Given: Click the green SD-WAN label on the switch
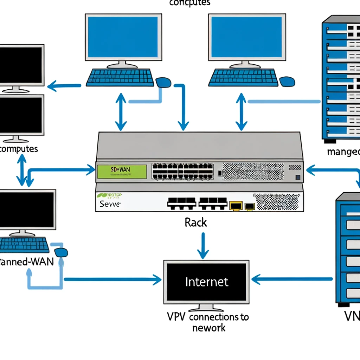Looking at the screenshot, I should tap(121, 171).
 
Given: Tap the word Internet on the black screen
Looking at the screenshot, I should tap(206, 282).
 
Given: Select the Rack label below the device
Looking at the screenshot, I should tap(196, 223).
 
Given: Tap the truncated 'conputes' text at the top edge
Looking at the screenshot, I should tap(189, 3).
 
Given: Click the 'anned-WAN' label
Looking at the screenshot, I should tap(26, 262).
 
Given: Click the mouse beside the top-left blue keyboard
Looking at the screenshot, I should tap(163, 82).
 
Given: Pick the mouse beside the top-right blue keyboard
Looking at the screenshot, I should tap(288, 82).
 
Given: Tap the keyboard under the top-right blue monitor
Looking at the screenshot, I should tap(244, 77).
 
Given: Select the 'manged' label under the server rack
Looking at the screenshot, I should tap(343, 152).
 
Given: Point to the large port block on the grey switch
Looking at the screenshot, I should tap(182, 171).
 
